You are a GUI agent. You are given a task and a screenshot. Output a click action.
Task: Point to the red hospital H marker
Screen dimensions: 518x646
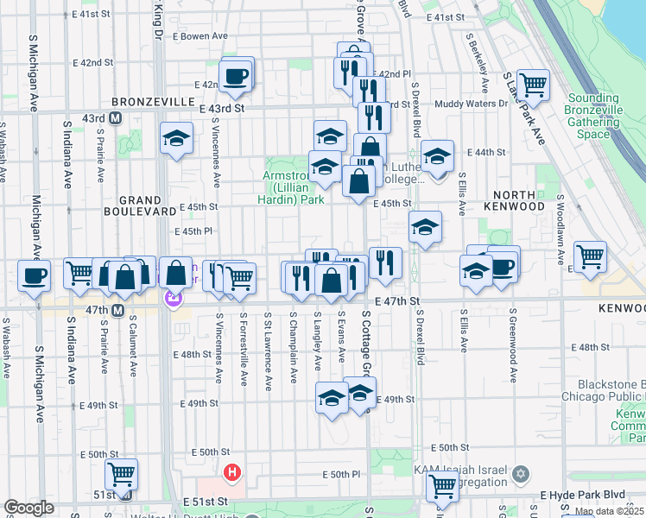pos(231,471)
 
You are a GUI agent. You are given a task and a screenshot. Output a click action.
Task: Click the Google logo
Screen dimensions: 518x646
pos(29,508)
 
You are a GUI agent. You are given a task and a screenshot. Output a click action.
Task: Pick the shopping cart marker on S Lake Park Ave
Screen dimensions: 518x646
pos(533,85)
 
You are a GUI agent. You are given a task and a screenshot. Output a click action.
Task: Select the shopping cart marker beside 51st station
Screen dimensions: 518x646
pos(121,473)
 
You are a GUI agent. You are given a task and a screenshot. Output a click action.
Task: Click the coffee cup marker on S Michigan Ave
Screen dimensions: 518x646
pos(34,275)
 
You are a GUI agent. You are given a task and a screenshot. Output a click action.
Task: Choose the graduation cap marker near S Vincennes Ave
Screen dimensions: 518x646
pos(176,138)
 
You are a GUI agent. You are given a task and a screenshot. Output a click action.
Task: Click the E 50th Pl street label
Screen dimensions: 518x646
pos(341,475)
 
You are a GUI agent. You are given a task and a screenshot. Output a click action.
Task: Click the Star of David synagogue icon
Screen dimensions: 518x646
pos(520,473)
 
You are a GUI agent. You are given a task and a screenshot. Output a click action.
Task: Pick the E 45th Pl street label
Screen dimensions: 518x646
pos(193,231)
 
